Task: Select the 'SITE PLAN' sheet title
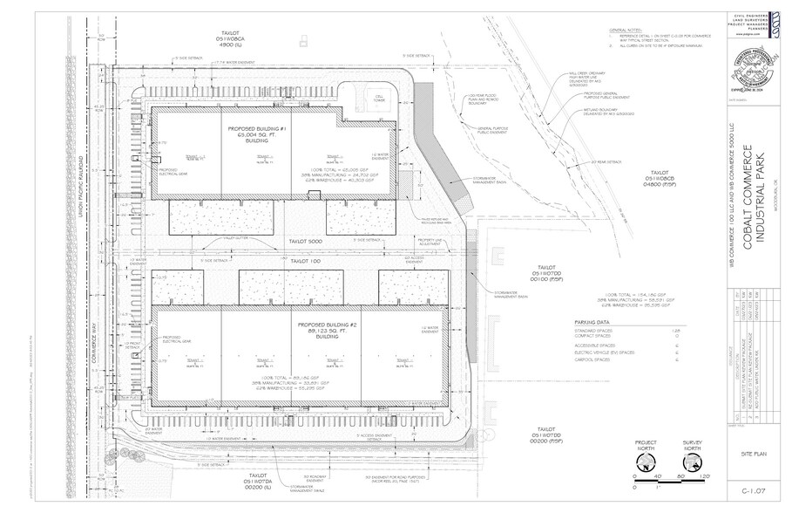pos(755,455)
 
